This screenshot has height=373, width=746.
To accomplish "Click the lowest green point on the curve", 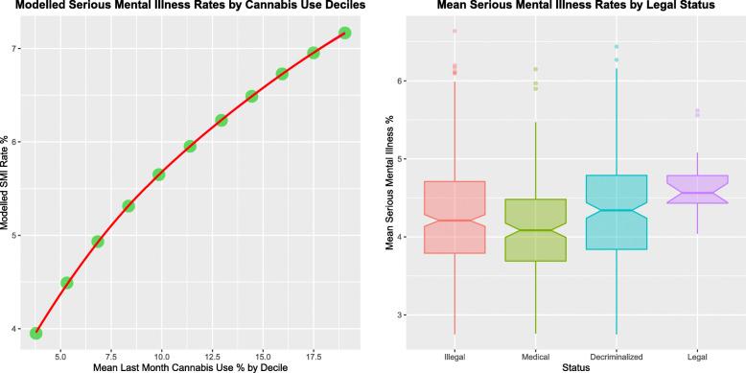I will [x=35, y=333].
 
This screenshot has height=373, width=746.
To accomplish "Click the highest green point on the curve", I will [x=344, y=33].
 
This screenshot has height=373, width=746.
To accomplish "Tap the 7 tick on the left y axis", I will [x=17, y=49].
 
